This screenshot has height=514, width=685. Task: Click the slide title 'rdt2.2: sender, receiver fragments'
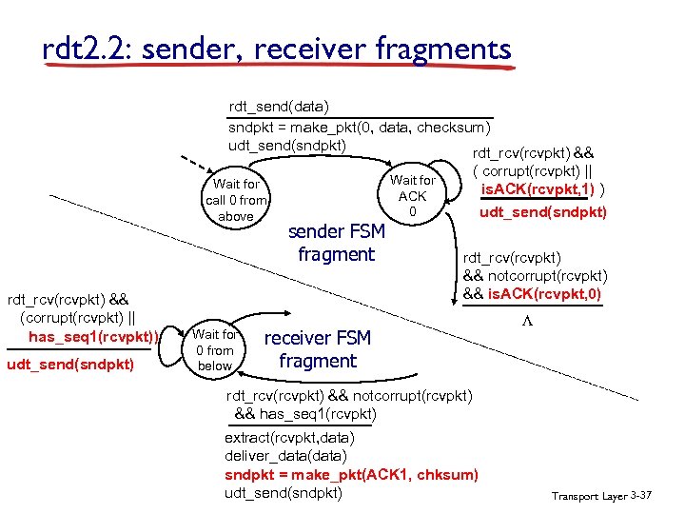[x=277, y=49]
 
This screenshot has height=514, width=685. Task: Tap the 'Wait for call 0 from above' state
[x=236, y=200]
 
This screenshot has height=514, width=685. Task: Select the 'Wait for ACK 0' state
[x=412, y=195]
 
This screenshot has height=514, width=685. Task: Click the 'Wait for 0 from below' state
[x=215, y=349]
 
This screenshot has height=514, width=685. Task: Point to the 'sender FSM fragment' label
[x=336, y=243]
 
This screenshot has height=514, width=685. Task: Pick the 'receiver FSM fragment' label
[x=317, y=349]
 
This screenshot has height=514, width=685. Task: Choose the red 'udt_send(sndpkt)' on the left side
[x=70, y=365]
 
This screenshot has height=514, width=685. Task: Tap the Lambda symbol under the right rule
[x=526, y=323]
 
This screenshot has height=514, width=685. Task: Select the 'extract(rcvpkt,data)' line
[x=289, y=438]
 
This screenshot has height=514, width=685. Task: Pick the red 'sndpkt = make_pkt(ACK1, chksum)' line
[x=351, y=474]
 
